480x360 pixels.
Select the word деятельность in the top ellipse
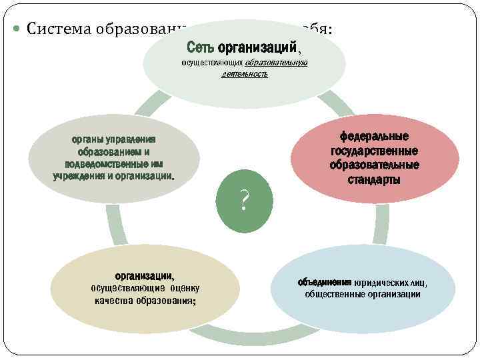tap(245, 74)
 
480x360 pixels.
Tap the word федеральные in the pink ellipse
tap(374, 137)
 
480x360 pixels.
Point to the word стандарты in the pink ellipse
tap(374, 179)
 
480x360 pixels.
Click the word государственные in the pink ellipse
tap(374, 151)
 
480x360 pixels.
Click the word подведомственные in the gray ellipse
tap(108, 164)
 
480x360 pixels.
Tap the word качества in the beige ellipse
tap(116, 301)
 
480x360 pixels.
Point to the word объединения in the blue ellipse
tap(324, 282)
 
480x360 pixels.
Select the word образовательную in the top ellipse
tap(276, 63)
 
